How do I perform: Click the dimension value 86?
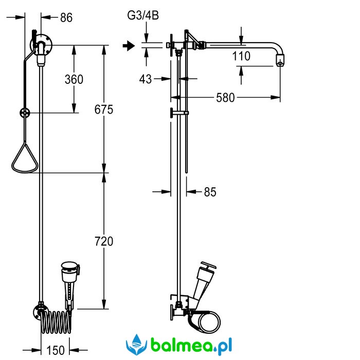(x=66, y=18)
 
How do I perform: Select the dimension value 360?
(x=74, y=79)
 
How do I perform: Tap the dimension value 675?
(x=103, y=110)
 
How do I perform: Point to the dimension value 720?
(x=103, y=241)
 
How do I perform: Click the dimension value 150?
(x=56, y=350)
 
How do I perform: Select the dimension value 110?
(x=241, y=56)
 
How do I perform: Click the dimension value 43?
(x=146, y=79)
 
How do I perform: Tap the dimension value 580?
(x=225, y=97)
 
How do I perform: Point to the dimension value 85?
(x=210, y=192)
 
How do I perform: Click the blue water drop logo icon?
(x=136, y=344)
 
